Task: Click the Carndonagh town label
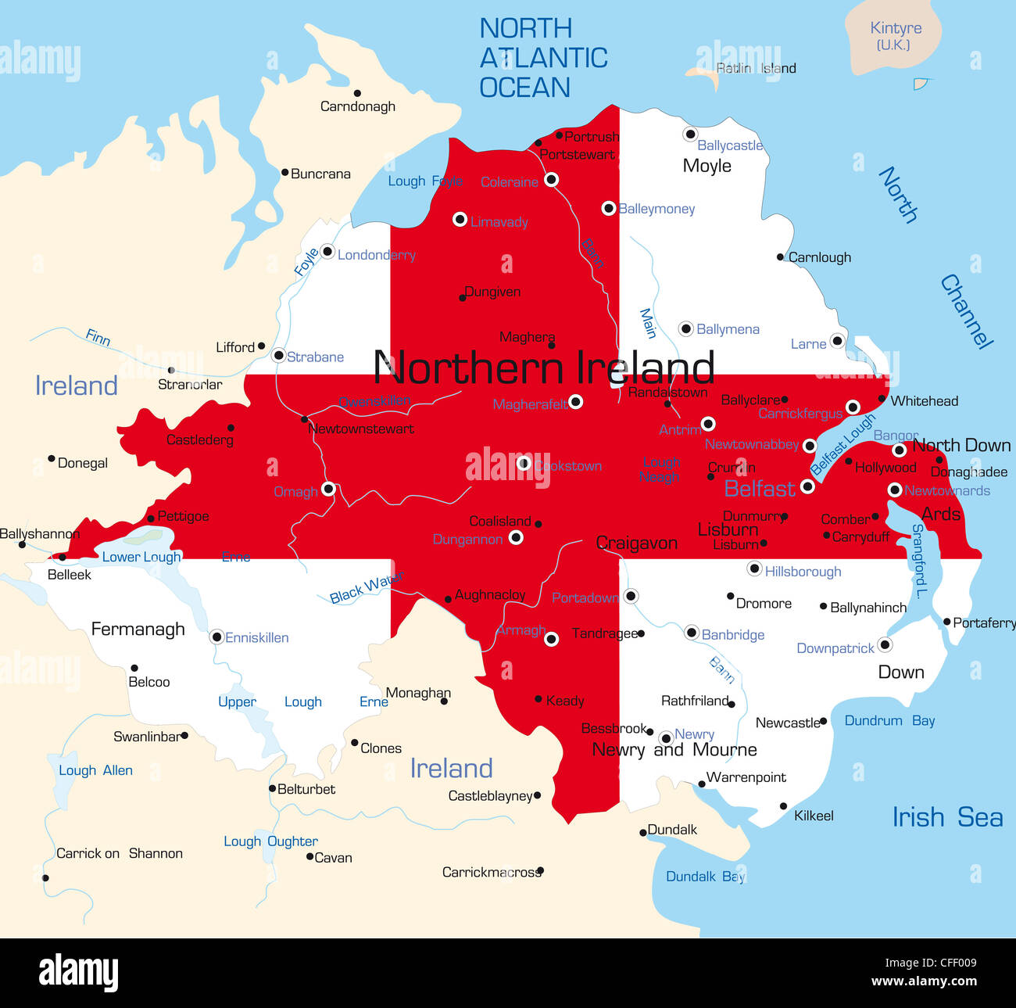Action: click(x=357, y=106)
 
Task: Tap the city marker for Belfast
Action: click(x=807, y=486)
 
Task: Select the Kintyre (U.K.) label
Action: click(x=895, y=36)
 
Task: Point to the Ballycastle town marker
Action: click(x=689, y=135)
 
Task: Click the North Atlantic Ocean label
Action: click(x=543, y=58)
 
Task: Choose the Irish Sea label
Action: click(x=947, y=817)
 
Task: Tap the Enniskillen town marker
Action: click(x=216, y=637)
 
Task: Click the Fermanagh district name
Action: click(x=138, y=630)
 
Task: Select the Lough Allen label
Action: click(x=95, y=770)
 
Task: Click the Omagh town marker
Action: click(x=328, y=489)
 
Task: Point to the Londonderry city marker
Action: click(x=327, y=252)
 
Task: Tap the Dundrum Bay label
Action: click(x=889, y=721)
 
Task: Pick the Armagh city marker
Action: click(x=551, y=639)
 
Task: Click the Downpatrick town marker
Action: click(x=885, y=644)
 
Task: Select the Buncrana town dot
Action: click(x=285, y=173)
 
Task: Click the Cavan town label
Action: click(x=333, y=858)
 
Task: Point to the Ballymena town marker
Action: click(x=685, y=328)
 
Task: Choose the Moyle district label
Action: click(x=707, y=166)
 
